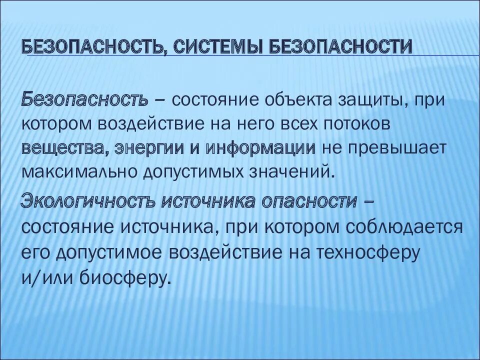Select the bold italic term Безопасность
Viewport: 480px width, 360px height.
click(x=84, y=99)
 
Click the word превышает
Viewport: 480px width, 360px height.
click(x=396, y=148)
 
